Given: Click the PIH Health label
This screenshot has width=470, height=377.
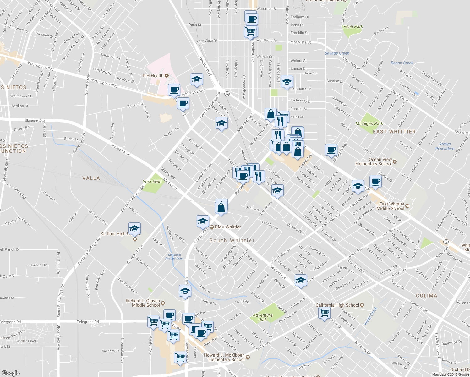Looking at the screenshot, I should pyautogui.click(x=153, y=76).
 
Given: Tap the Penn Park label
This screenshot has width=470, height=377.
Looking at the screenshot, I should pyautogui.click(x=353, y=26).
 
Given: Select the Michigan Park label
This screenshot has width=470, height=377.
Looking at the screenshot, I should pyautogui.click(x=369, y=123).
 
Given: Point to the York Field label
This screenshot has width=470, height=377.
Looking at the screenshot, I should pyautogui.click(x=152, y=182).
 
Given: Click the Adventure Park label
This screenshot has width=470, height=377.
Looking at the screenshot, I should pyautogui.click(x=263, y=317).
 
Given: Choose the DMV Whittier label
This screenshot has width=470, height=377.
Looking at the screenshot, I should pyautogui.click(x=228, y=227).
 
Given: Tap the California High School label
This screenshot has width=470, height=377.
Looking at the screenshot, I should pyautogui.click(x=337, y=305).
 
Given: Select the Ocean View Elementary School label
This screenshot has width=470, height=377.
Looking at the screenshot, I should pyautogui.click(x=374, y=161).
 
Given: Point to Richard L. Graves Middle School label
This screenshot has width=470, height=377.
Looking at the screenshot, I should pyautogui.click(x=143, y=303).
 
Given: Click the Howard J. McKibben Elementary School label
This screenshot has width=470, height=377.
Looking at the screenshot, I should pyautogui.click(x=224, y=357).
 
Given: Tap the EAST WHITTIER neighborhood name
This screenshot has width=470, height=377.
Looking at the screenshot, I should pyautogui.click(x=394, y=132).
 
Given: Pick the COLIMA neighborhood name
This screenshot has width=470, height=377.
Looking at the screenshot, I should pyautogui.click(x=426, y=296).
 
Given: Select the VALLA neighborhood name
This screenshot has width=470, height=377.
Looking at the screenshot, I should pyautogui.click(x=91, y=178).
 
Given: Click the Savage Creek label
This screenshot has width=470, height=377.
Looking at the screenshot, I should pyautogui.click(x=337, y=53).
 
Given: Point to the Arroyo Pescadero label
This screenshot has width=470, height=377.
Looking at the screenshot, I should pyautogui.click(x=445, y=146).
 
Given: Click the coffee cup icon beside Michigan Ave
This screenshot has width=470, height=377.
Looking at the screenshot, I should pyautogui.click(x=331, y=150).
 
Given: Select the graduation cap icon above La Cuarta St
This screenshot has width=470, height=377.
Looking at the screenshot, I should pyautogui.click(x=287, y=82).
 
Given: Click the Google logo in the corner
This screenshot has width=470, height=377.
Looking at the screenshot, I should pyautogui.click(x=11, y=373).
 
